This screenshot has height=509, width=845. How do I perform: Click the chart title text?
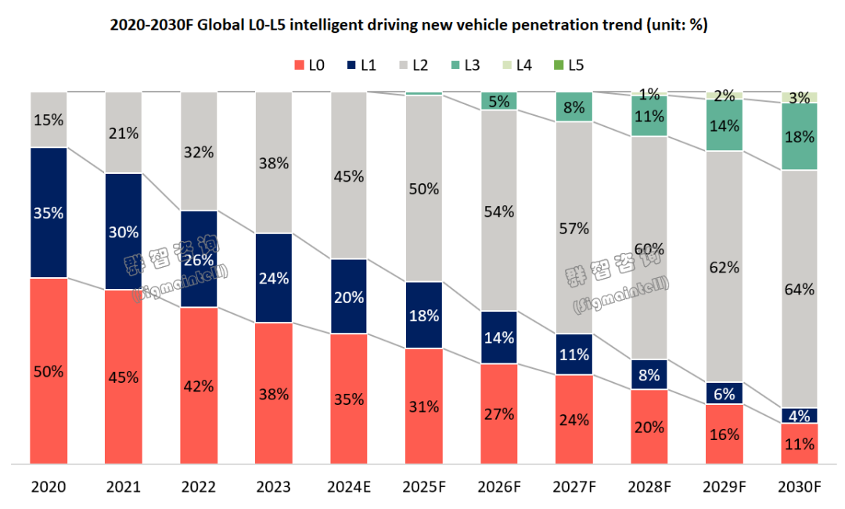[408, 25]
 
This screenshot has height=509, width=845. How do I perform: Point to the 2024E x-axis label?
[348, 487]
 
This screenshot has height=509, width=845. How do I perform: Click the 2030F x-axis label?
[799, 487]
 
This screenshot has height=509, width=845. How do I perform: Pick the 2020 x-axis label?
[49, 487]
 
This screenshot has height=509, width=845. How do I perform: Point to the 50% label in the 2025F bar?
[423, 189]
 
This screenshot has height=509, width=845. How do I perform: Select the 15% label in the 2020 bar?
[49, 121]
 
